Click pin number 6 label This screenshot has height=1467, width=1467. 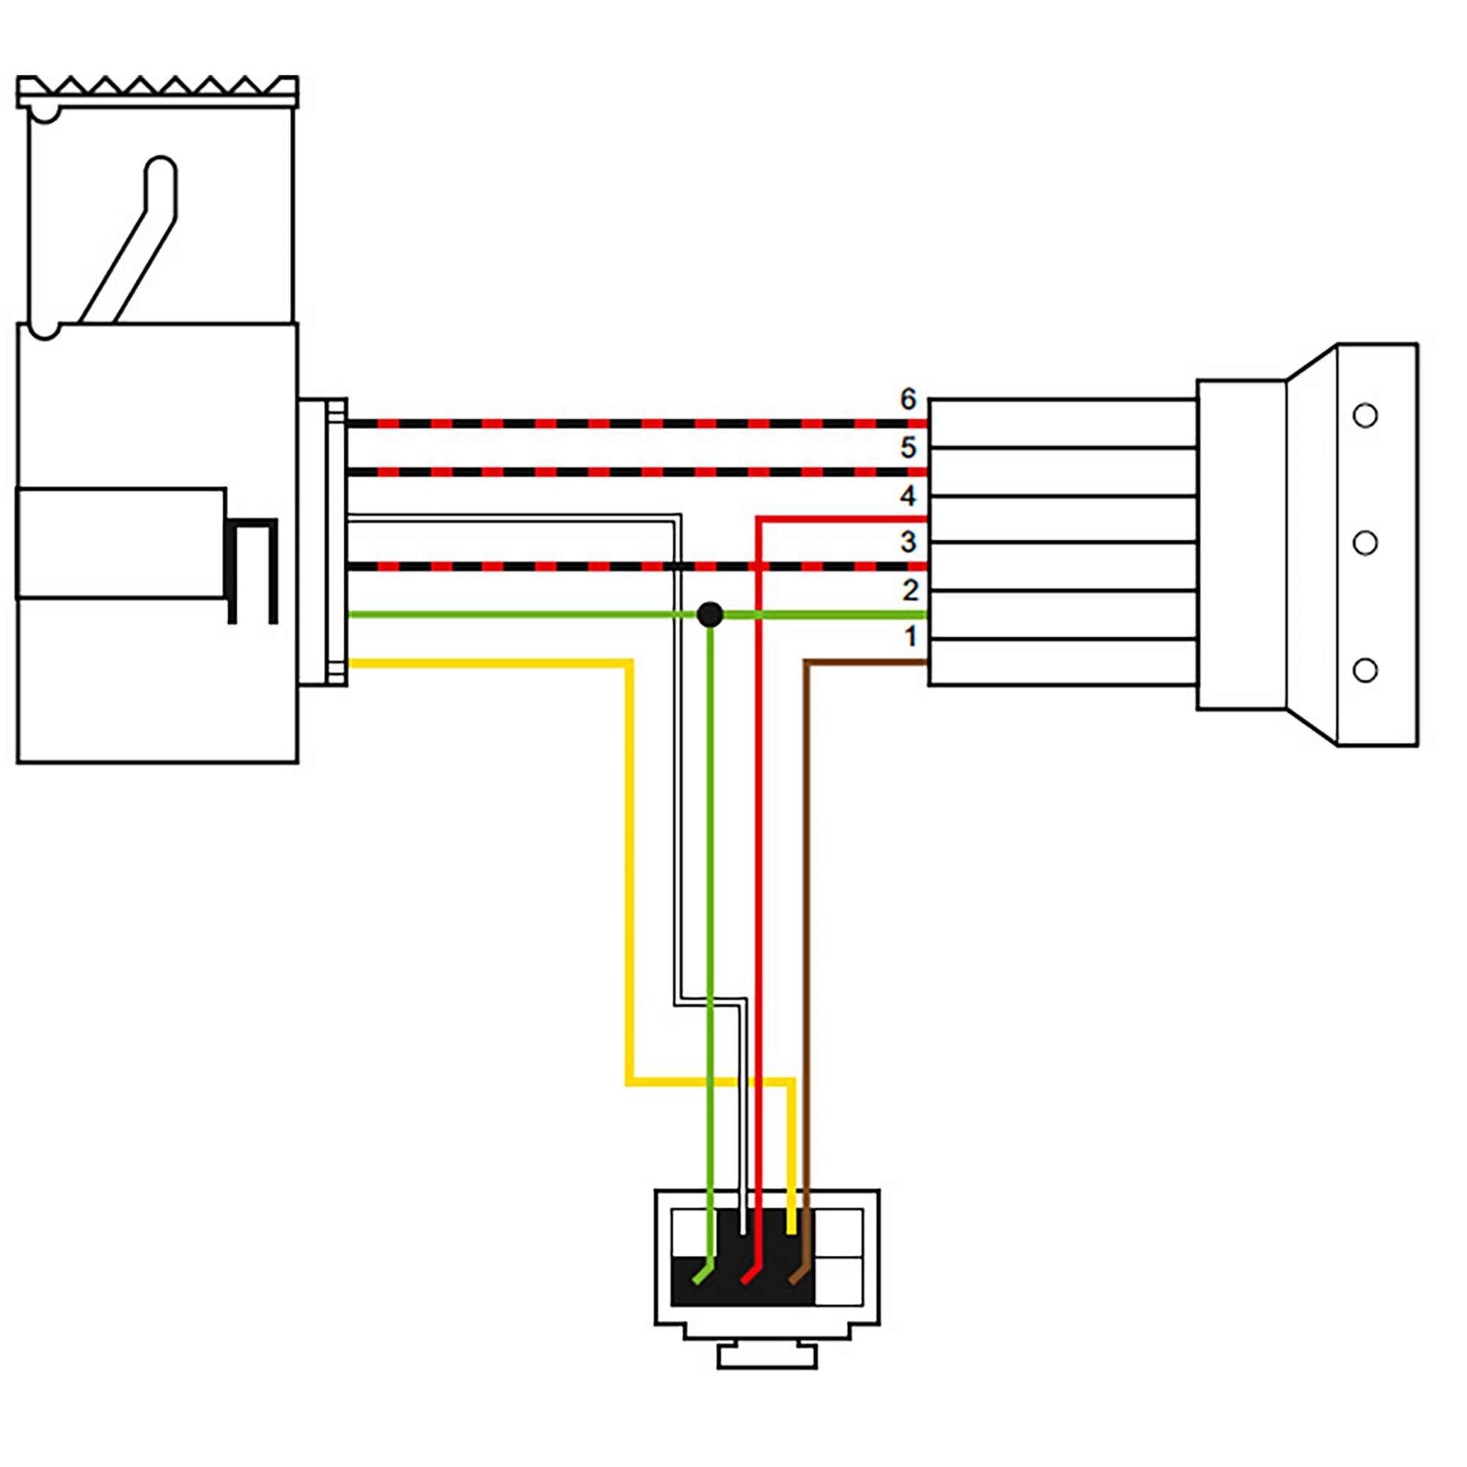coord(908,400)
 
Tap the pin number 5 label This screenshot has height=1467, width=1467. coord(908,447)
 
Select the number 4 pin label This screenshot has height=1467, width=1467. coord(908,496)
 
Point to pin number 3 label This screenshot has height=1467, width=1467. coord(908,542)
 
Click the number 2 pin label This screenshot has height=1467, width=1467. coord(910,590)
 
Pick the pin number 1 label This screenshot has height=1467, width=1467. coord(910,636)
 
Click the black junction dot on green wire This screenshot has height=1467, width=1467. coord(710,614)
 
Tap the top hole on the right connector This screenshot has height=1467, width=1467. coord(1365,415)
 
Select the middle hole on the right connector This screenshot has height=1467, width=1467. coord(1365,543)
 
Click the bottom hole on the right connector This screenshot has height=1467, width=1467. coord(1365,670)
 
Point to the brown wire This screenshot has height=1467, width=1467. coord(807,911)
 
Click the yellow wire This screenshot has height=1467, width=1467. coord(629,873)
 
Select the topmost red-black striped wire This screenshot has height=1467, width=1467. coord(607,424)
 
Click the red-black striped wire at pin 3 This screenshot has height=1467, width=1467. coord(532,566)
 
